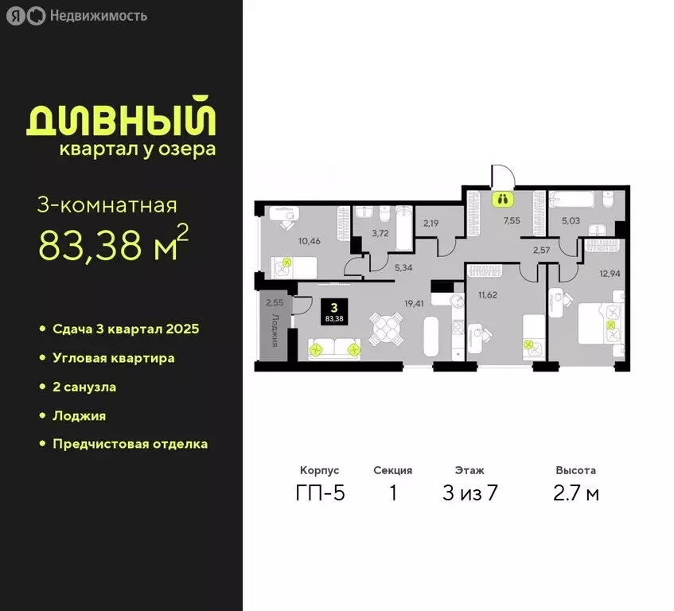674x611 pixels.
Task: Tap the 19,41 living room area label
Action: [x=413, y=302]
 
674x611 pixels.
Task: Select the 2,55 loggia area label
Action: [x=274, y=302]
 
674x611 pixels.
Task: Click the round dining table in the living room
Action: [x=385, y=327]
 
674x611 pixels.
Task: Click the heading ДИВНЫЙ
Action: [x=122, y=119]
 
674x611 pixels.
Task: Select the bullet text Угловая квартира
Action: [x=114, y=358]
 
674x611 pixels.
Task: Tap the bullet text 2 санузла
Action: [x=84, y=387]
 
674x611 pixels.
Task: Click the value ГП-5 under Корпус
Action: [x=320, y=493]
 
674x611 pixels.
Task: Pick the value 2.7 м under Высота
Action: [x=576, y=493]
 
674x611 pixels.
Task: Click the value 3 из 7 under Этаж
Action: [x=469, y=493]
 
